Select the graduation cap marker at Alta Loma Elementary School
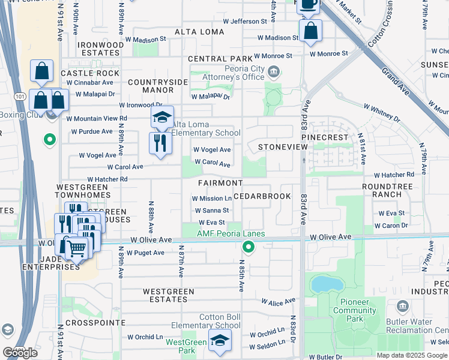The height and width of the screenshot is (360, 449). [x=161, y=118]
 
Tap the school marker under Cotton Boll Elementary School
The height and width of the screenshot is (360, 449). [x=220, y=341]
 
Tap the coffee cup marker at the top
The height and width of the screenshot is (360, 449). [x=309, y=5]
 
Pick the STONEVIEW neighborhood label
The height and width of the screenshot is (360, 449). [x=278, y=146]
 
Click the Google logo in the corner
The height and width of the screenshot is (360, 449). [x=20, y=352]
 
